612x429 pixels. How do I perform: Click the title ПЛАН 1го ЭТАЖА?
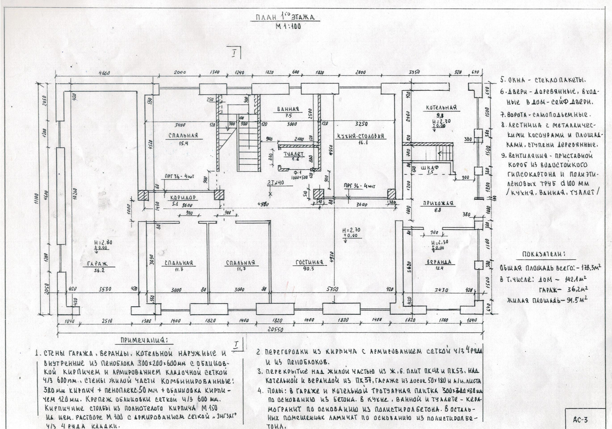[285, 18]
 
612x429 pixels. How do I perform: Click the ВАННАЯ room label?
[288, 109]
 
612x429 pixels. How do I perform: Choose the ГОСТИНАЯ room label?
[309, 263]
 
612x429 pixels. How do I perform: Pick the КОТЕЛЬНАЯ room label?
[441, 108]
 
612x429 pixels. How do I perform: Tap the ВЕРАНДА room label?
[439, 262]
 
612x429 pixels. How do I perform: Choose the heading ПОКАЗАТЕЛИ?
[544, 255]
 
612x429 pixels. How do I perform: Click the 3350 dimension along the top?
[415, 73]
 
